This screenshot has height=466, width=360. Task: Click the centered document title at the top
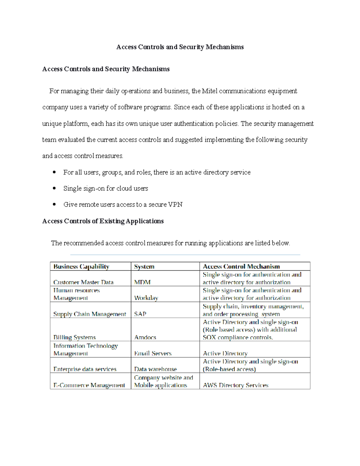tap(180, 47)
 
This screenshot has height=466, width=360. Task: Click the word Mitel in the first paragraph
tap(209, 91)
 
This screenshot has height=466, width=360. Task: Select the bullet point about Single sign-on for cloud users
tap(106, 188)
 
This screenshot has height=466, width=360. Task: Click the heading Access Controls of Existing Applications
tap(103, 221)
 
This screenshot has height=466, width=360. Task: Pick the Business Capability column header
tap(81, 266)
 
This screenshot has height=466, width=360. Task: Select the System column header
tap(144, 266)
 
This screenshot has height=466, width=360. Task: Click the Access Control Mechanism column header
tap(241, 266)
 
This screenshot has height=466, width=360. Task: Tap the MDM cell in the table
tap(142, 282)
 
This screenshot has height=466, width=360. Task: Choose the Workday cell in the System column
tap(146, 298)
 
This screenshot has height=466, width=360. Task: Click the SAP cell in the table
tap(140, 314)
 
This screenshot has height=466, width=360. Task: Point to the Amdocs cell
tap(145, 337)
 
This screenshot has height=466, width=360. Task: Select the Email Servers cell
tap(153, 353)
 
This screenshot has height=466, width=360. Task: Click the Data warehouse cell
tap(155, 369)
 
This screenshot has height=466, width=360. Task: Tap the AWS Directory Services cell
tap(235, 385)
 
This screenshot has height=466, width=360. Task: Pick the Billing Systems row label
tap(74, 337)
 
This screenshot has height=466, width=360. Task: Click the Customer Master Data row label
tap(83, 282)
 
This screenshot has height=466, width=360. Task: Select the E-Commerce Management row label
tap(89, 385)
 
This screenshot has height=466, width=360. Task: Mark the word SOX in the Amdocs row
tap(209, 337)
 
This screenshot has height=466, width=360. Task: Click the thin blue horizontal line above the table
tap(185, 255)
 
